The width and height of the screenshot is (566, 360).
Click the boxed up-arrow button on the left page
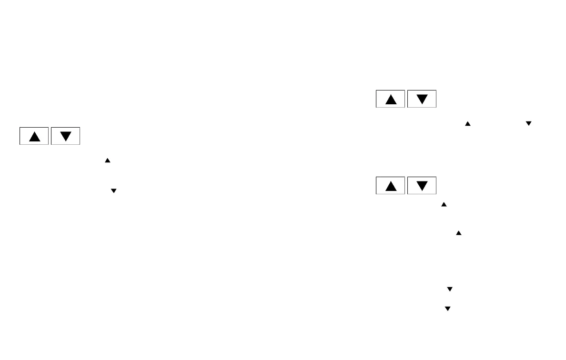(34, 136)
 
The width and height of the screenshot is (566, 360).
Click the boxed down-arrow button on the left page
(65, 136)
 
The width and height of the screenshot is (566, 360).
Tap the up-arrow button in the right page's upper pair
(391, 99)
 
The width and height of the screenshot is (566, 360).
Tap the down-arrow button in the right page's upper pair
(422, 99)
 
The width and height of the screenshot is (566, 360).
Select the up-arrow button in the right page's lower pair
(391, 186)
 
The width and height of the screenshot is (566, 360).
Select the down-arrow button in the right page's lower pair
(422, 186)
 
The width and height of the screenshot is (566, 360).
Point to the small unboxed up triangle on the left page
(108, 161)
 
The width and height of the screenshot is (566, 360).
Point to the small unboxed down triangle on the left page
(113, 190)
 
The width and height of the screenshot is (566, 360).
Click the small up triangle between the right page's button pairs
(467, 124)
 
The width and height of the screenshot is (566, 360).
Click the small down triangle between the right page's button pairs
(528, 124)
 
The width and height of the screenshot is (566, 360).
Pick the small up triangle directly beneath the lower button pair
(444, 204)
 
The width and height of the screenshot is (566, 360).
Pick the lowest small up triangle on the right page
(459, 233)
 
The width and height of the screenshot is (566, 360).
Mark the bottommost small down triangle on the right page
(447, 309)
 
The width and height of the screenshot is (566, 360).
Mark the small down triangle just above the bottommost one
(449, 289)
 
